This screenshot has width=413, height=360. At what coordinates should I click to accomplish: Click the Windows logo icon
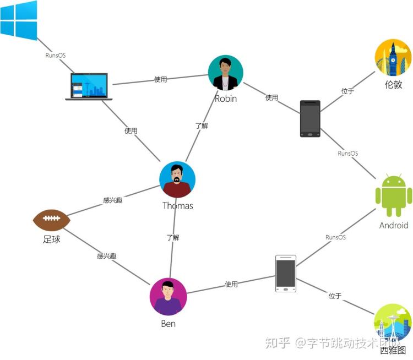tap(19, 20)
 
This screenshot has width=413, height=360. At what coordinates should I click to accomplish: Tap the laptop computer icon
tap(89, 86)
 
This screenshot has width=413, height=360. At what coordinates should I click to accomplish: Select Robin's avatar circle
tap(225, 73)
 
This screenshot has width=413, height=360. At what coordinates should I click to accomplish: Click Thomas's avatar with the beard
tap(177, 179)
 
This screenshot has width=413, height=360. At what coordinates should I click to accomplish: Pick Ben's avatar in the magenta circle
tap(168, 297)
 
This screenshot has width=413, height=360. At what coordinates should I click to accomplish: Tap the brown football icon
tap(52, 220)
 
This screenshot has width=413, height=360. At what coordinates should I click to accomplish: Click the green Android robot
tap(394, 195)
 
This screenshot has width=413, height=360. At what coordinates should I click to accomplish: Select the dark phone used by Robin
tap(310, 119)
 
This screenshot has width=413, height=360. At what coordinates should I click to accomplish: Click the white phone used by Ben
tap(286, 274)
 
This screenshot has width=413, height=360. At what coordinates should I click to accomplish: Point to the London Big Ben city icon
tap(393, 57)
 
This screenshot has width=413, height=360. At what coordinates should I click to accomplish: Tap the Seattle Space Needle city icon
tap(393, 322)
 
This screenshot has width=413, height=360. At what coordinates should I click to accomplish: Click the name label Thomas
tap(177, 206)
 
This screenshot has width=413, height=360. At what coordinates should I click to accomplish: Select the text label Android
tap(394, 226)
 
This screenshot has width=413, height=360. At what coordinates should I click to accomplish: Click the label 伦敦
tap(394, 85)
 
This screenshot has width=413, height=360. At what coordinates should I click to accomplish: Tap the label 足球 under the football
tap(52, 239)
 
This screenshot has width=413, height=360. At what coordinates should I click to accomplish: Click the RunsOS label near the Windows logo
tap(55, 55)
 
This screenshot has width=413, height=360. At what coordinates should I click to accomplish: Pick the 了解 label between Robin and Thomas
tap(202, 126)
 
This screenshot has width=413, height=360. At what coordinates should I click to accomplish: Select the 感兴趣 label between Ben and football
tap(107, 256)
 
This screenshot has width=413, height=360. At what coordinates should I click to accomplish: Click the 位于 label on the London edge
tap(347, 91)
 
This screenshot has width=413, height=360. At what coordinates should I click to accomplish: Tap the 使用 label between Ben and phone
tap(231, 284)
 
